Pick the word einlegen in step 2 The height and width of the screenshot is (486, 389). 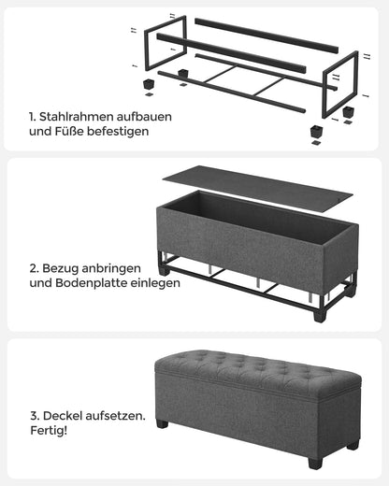(154, 281)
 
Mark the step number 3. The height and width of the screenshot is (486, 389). (33, 413)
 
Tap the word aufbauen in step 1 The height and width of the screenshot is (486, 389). (148, 117)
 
